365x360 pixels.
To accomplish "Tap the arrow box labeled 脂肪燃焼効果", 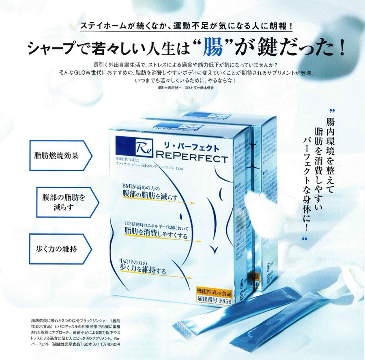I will (59, 155).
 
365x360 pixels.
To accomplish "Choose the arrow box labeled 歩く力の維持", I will (59, 248).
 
